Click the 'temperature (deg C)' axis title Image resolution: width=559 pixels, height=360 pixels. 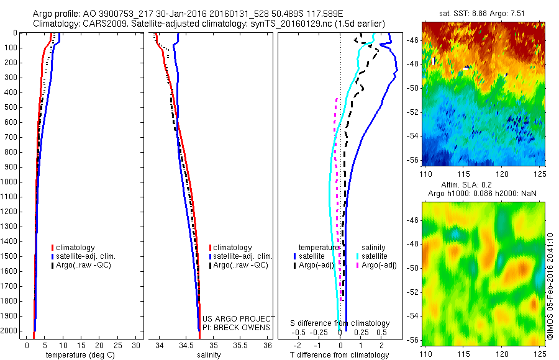[x=78, y=355]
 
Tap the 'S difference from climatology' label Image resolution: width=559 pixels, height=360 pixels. [x=340, y=323]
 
